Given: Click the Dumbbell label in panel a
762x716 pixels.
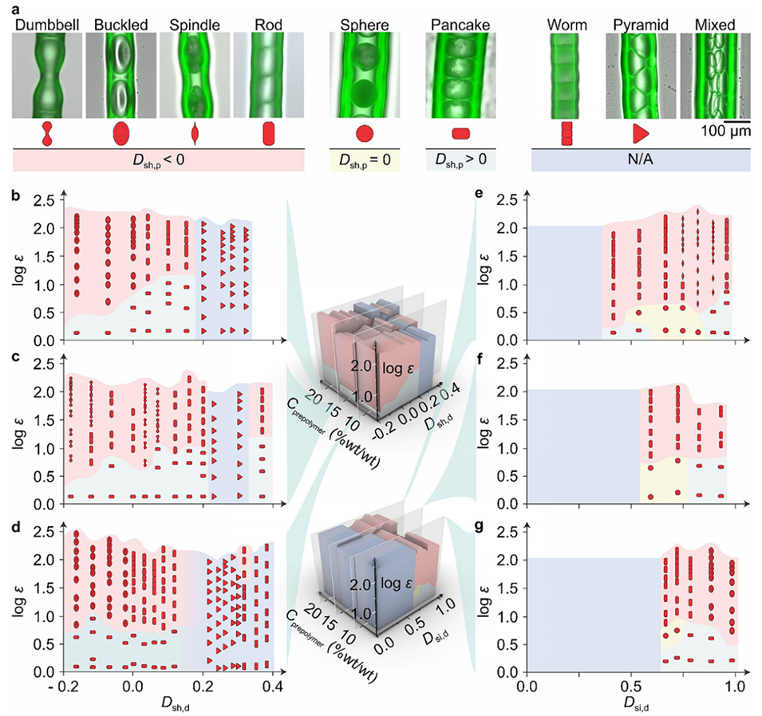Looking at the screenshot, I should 49,24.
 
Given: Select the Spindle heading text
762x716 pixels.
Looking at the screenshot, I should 195,24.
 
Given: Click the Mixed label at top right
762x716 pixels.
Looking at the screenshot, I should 714,24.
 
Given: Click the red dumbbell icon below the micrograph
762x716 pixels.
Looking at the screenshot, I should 48,133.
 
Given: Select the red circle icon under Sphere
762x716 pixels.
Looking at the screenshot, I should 364,133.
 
